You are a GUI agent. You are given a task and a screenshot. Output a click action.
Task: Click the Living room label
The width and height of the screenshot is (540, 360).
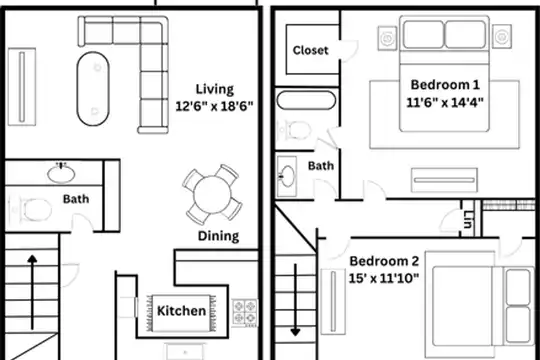tap(215, 89)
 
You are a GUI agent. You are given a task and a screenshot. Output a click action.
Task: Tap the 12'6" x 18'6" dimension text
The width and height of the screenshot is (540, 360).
tap(214, 106)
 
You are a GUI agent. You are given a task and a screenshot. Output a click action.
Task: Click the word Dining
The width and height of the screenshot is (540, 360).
tap(218, 236)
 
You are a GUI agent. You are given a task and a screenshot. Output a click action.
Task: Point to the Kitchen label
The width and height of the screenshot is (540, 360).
tap(181, 311)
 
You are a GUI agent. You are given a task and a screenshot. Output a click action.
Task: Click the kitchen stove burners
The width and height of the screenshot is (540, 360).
tap(245, 312)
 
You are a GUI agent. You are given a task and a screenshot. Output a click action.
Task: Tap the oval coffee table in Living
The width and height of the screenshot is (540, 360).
tap(93, 89)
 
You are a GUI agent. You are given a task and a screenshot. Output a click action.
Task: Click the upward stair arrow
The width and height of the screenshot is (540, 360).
tap(32, 292)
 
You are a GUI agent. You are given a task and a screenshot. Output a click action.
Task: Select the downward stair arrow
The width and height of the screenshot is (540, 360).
tap(295, 300)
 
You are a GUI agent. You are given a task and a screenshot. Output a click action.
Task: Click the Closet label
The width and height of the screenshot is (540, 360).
tap(310, 50)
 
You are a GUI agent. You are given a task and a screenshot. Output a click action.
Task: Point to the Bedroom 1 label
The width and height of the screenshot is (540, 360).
tap(445, 85)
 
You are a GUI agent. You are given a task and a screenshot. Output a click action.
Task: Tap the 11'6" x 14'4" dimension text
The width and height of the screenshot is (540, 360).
tap(445, 102)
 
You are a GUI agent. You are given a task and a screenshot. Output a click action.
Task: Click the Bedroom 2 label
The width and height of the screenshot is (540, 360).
tap(384, 261)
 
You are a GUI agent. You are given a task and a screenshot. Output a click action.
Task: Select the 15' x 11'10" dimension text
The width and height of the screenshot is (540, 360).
tap(384, 278)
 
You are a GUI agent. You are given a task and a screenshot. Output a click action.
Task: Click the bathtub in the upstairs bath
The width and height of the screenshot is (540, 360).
tap(306, 100)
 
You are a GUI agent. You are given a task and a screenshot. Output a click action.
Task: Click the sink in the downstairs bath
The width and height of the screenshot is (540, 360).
tap(61, 173)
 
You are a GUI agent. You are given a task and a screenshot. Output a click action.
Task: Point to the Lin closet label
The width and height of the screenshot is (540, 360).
tap(467, 219)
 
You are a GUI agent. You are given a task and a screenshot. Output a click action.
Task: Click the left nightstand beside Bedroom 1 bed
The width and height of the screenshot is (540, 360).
tap(387, 38)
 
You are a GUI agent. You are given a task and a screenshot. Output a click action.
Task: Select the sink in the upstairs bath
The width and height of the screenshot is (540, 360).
tap(287, 176)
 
